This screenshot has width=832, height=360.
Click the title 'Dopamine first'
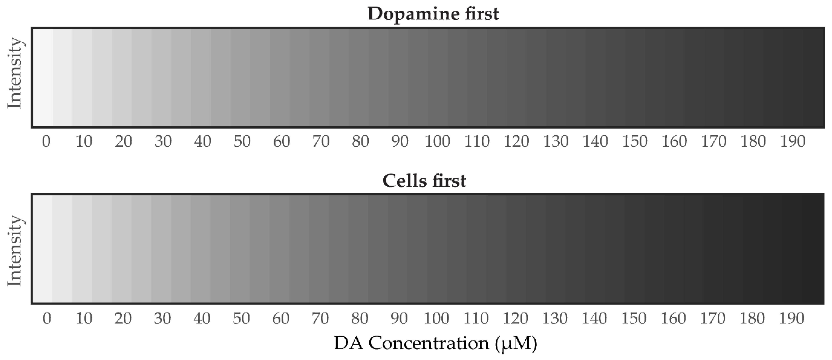[433, 14]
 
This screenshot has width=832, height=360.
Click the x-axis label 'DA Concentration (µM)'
[436, 343]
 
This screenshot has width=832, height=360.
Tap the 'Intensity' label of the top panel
[15, 73]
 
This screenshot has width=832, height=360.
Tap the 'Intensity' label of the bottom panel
[15, 250]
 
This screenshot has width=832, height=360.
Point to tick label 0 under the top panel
[46, 142]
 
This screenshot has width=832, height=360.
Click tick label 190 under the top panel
[793, 142]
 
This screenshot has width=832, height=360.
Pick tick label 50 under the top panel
[242, 142]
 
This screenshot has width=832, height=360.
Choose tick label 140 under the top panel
[595, 142]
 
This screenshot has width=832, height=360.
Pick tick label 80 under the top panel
[360, 142]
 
